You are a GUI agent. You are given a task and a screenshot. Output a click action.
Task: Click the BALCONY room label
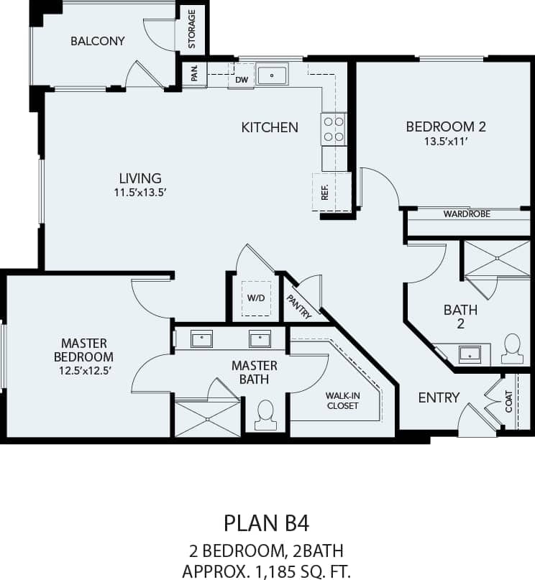(x=97, y=41)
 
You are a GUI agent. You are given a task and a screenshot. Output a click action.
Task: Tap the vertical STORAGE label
(x=192, y=29)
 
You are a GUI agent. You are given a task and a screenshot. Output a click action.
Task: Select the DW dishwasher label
(x=242, y=80)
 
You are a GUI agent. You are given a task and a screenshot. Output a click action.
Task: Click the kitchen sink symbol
(x=272, y=74)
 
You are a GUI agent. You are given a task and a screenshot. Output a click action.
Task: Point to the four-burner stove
(x=333, y=129)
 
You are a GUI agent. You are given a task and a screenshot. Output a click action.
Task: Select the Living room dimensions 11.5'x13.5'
(x=140, y=193)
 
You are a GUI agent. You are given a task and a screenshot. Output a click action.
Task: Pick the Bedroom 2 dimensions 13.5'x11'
(x=446, y=142)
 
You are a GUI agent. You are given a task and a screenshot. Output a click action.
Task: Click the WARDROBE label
(x=467, y=213)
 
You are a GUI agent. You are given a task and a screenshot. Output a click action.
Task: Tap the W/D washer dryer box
(x=257, y=298)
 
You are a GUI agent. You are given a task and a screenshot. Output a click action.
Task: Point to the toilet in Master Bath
(x=265, y=415)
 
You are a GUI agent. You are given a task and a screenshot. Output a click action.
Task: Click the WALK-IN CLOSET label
(x=343, y=400)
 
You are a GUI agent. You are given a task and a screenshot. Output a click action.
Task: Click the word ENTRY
(x=439, y=397)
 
